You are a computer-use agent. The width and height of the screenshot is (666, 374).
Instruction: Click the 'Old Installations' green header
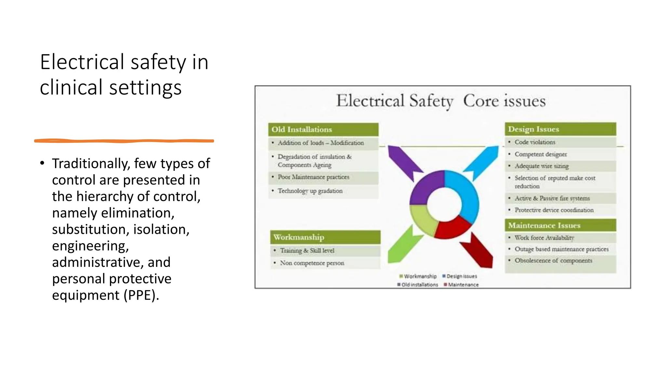[323, 130]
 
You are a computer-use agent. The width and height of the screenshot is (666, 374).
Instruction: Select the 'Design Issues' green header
[560, 129]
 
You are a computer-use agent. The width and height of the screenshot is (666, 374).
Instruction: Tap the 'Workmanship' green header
[325, 237]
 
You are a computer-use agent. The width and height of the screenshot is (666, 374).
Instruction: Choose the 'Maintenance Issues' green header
[560, 225]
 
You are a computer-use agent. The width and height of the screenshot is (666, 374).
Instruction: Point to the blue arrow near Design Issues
[483, 161]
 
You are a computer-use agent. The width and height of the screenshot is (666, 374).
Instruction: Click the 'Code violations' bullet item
[535, 142]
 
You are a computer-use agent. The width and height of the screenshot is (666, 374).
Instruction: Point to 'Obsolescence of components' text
[553, 261]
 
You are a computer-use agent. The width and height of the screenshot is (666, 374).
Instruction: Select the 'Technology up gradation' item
[310, 191]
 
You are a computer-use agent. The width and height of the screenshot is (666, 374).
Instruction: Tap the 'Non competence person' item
[312, 263]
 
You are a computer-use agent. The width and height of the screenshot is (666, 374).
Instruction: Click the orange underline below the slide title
[124, 141]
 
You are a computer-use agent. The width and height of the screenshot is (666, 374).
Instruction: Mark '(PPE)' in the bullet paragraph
[141, 295]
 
